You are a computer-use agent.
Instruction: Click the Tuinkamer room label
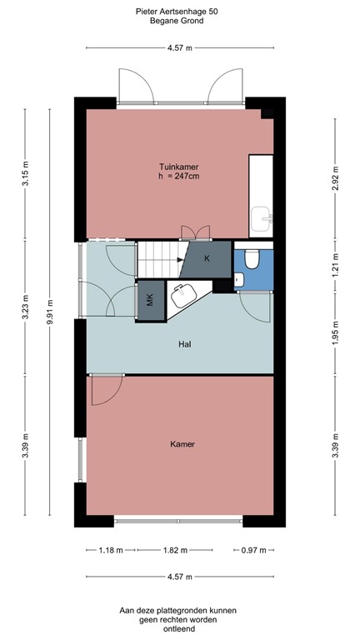pos(179,166)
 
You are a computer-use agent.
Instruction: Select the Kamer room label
pos(182,444)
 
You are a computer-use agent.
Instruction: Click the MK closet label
pos(150,301)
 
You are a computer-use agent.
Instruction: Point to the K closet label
pos(207,259)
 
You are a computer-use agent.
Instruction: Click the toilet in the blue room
pos(253,260)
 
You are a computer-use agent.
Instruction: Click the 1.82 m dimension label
pos(175,550)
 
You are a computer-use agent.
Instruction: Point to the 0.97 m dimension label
pos(253,550)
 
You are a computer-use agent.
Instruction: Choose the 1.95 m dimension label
pos(335,332)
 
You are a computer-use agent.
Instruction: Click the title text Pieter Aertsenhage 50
pos(179,11)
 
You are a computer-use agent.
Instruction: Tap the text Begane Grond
pos(179,21)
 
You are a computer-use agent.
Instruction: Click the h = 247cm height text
pos(179,177)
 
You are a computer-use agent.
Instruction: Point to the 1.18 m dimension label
pos(106,550)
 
